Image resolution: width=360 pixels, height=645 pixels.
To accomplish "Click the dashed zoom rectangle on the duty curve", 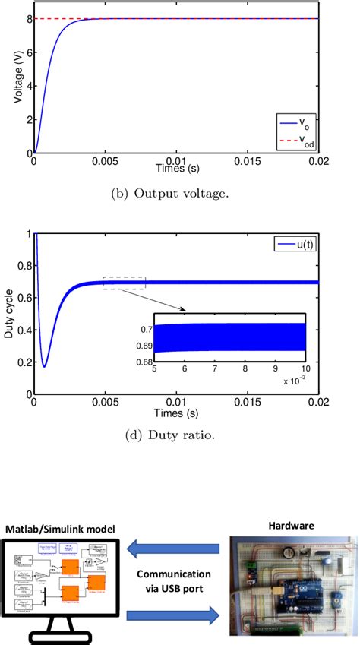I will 124,283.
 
